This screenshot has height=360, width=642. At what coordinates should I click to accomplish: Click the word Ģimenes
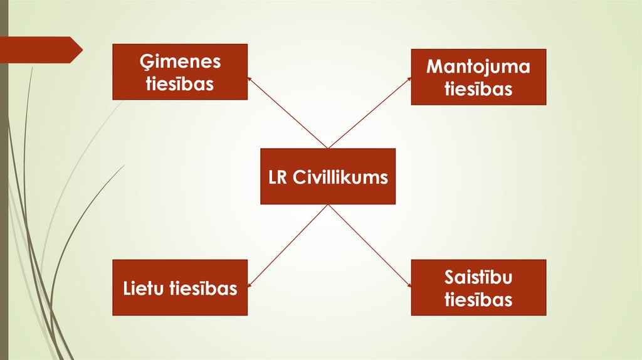180,62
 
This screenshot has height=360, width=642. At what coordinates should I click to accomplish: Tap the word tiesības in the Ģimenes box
180,83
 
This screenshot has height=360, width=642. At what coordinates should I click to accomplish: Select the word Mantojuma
478,66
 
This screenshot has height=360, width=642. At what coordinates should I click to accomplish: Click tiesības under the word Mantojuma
478,88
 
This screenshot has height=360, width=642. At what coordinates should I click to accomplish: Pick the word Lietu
142,289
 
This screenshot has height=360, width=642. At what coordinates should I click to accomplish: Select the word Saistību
478,277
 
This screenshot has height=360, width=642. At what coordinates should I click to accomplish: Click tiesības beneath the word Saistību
478,299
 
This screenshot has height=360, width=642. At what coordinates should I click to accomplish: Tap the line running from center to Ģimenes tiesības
288,113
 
